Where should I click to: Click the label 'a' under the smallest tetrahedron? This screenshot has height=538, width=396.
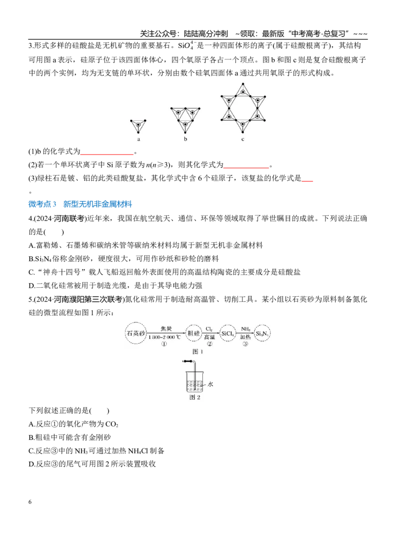[x=139, y=139]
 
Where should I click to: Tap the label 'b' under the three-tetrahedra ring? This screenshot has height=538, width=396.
[x=186, y=139]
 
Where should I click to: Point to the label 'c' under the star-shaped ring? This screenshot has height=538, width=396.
[x=243, y=139]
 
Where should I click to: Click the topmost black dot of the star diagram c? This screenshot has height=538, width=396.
[x=243, y=84]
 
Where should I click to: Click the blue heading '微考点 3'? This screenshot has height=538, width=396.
[x=42, y=204]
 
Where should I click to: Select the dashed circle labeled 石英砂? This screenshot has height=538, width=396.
[x=136, y=333]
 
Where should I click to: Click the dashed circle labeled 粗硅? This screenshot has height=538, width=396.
[x=194, y=333]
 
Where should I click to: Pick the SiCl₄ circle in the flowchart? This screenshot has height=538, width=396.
[x=227, y=333]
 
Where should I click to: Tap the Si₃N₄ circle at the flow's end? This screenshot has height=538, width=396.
[x=262, y=333]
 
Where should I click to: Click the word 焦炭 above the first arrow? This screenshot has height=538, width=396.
[x=166, y=329]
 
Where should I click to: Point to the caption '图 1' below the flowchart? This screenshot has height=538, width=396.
[x=198, y=351]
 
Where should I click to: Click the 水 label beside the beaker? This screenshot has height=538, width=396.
[x=210, y=384]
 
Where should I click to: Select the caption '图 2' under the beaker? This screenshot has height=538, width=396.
[x=195, y=397]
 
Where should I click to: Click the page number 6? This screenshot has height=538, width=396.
[x=30, y=502]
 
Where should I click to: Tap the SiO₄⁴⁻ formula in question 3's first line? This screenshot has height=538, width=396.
[x=186, y=45]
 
